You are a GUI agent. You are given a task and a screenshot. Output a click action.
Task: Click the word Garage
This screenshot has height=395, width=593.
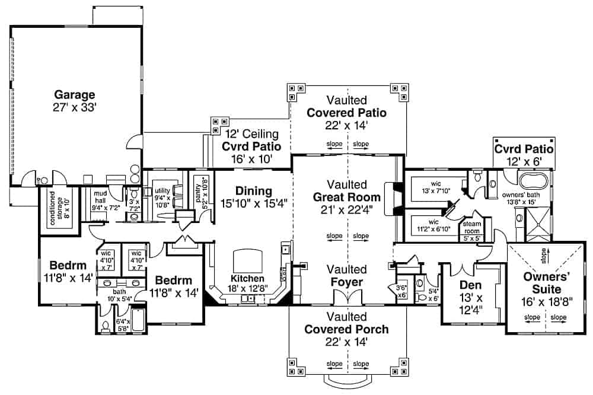[75, 94]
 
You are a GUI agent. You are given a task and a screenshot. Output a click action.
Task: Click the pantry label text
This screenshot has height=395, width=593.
[202, 192]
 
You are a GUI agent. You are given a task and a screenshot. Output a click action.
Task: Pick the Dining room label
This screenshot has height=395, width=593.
[253, 191]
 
